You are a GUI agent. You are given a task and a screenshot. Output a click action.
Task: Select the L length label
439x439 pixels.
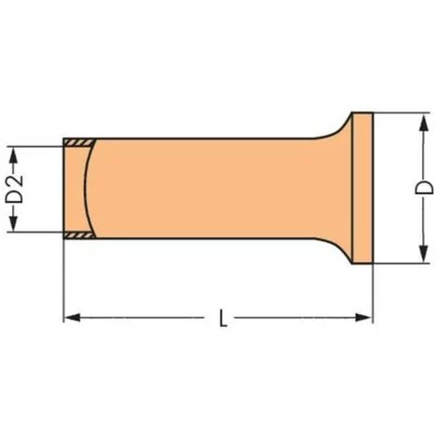(221, 319)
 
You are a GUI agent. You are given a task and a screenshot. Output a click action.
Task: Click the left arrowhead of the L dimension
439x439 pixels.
(69, 319)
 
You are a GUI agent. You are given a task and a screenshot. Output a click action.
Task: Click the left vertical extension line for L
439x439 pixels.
(64, 280)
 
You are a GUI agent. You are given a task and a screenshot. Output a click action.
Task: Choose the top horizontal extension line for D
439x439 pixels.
(397, 113)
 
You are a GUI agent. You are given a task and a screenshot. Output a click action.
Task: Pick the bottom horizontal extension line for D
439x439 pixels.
(397, 264)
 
